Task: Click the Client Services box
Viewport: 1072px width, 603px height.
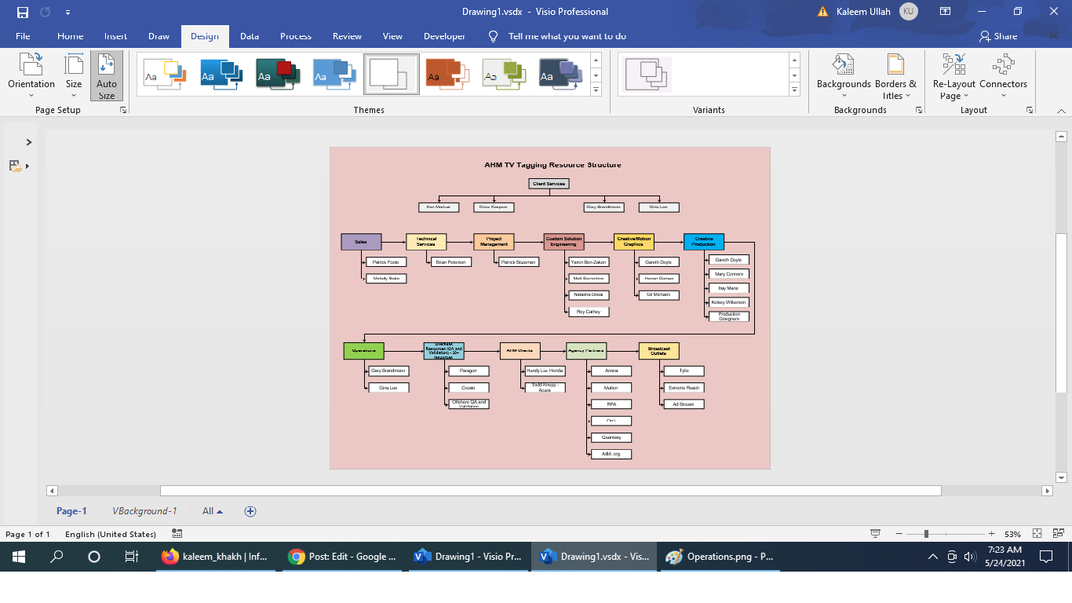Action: pyautogui.click(x=549, y=184)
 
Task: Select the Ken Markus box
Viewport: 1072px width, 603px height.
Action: pyautogui.click(x=439, y=207)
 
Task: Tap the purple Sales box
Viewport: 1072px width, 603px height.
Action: pyautogui.click(x=361, y=242)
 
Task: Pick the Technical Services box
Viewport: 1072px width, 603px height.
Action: pyautogui.click(x=426, y=242)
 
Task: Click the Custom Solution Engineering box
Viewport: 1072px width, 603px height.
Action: pyautogui.click(x=563, y=242)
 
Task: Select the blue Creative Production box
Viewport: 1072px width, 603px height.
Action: pyautogui.click(x=703, y=242)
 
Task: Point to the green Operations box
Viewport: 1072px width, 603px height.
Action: pyautogui.click(x=363, y=351)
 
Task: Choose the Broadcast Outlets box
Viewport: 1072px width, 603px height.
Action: pyautogui.click(x=658, y=351)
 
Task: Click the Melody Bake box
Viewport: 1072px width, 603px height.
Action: pyautogui.click(x=386, y=279)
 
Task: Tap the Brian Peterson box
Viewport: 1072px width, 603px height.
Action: pyautogui.click(x=451, y=262)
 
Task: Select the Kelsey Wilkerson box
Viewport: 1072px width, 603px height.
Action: pyautogui.click(x=729, y=302)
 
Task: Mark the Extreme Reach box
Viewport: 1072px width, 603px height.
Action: pyautogui.click(x=684, y=388)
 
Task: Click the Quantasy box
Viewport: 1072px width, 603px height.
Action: pyautogui.click(x=611, y=437)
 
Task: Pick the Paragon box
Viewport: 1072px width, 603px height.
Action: pyautogui.click(x=469, y=371)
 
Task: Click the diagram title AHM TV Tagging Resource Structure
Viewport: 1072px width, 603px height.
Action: pyautogui.click(x=552, y=165)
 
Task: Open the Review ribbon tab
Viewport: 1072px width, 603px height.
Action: pyautogui.click(x=347, y=36)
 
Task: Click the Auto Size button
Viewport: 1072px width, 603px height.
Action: pyautogui.click(x=107, y=76)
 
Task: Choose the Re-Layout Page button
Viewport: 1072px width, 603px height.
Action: pyautogui.click(x=953, y=76)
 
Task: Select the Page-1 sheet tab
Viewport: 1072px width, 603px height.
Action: pyautogui.click(x=71, y=511)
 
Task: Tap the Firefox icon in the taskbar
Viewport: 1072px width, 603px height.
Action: pyautogui.click(x=170, y=557)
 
